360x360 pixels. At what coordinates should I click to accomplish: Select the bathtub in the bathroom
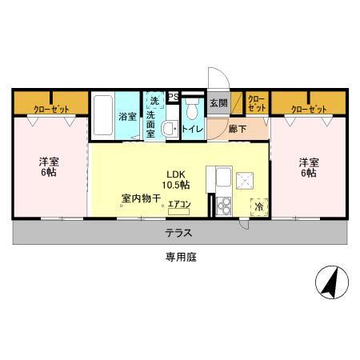click(x=103, y=117)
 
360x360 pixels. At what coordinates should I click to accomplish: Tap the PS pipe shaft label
click(x=173, y=98)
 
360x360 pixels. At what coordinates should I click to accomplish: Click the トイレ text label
click(x=192, y=129)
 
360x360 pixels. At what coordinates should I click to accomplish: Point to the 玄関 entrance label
click(x=218, y=102)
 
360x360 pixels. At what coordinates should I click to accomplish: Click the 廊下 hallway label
click(x=236, y=128)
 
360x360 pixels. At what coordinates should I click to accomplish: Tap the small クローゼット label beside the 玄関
click(x=256, y=102)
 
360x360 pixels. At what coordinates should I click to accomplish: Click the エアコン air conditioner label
click(x=178, y=205)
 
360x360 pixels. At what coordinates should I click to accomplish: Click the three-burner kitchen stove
click(x=222, y=206)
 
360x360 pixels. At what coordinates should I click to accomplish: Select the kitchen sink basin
click(x=222, y=177)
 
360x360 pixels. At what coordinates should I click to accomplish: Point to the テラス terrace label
click(x=178, y=233)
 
